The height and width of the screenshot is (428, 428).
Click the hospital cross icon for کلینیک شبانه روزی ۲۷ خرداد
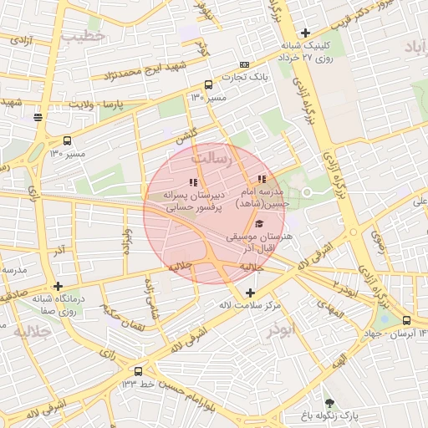pos(306,33)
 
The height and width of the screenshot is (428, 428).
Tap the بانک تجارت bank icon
pos(244,65)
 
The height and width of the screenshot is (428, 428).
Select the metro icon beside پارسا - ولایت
pos(38,117)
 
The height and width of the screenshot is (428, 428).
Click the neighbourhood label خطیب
pos(89,37)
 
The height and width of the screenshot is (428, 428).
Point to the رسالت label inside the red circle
pos(209,157)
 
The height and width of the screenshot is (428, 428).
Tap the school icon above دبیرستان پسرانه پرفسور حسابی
pos(194,181)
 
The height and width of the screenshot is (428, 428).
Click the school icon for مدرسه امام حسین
pos(262,179)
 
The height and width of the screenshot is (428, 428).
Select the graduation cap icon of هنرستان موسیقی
pos(259,224)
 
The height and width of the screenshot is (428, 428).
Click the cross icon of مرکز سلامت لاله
pos(251,292)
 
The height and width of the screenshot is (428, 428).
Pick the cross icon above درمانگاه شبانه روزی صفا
pos(58,286)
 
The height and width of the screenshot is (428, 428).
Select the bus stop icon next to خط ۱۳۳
pos(138,370)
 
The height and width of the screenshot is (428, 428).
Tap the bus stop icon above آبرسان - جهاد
pos(406,320)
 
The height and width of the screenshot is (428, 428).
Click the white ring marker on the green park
pos(307,192)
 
